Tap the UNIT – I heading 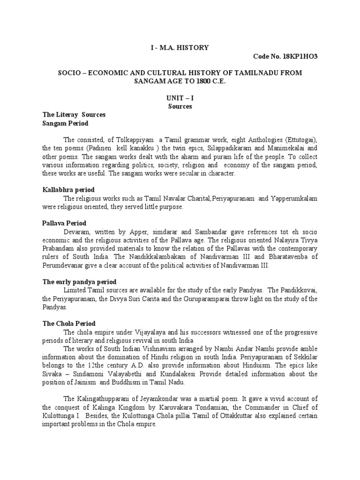click(180, 98)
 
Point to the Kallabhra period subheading click(68, 190)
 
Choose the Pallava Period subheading click(65, 223)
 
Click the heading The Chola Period click(69, 323)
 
